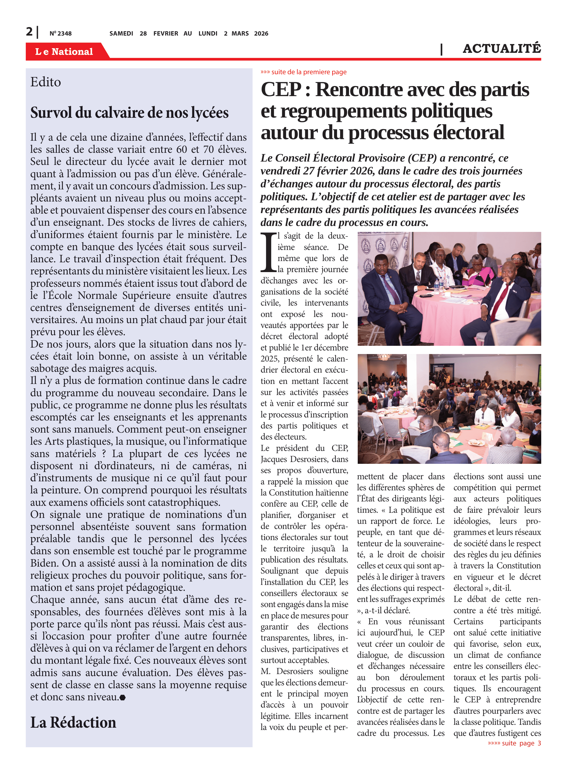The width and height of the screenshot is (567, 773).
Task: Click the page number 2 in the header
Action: pyautogui.click(x=29, y=32)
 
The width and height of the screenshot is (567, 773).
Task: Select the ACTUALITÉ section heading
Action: pyautogui.click(x=502, y=49)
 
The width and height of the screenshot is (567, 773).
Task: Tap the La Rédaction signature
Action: pyautogui.click(x=73, y=722)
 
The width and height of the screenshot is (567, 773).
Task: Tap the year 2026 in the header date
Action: pyautogui.click(x=261, y=33)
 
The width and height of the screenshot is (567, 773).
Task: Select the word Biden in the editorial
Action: pyautogui.click(x=45, y=563)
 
